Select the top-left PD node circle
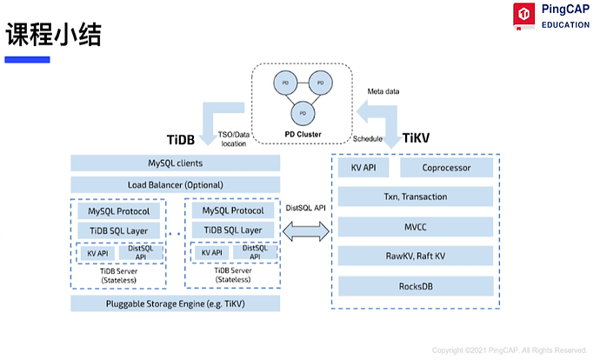point(283,83)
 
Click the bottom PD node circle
point(303,113)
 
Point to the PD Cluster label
point(303,135)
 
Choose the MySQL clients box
point(175,163)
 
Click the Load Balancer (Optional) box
point(175,184)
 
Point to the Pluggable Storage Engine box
point(175,303)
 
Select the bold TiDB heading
point(182,139)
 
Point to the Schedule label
point(370,138)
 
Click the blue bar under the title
point(28,59)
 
